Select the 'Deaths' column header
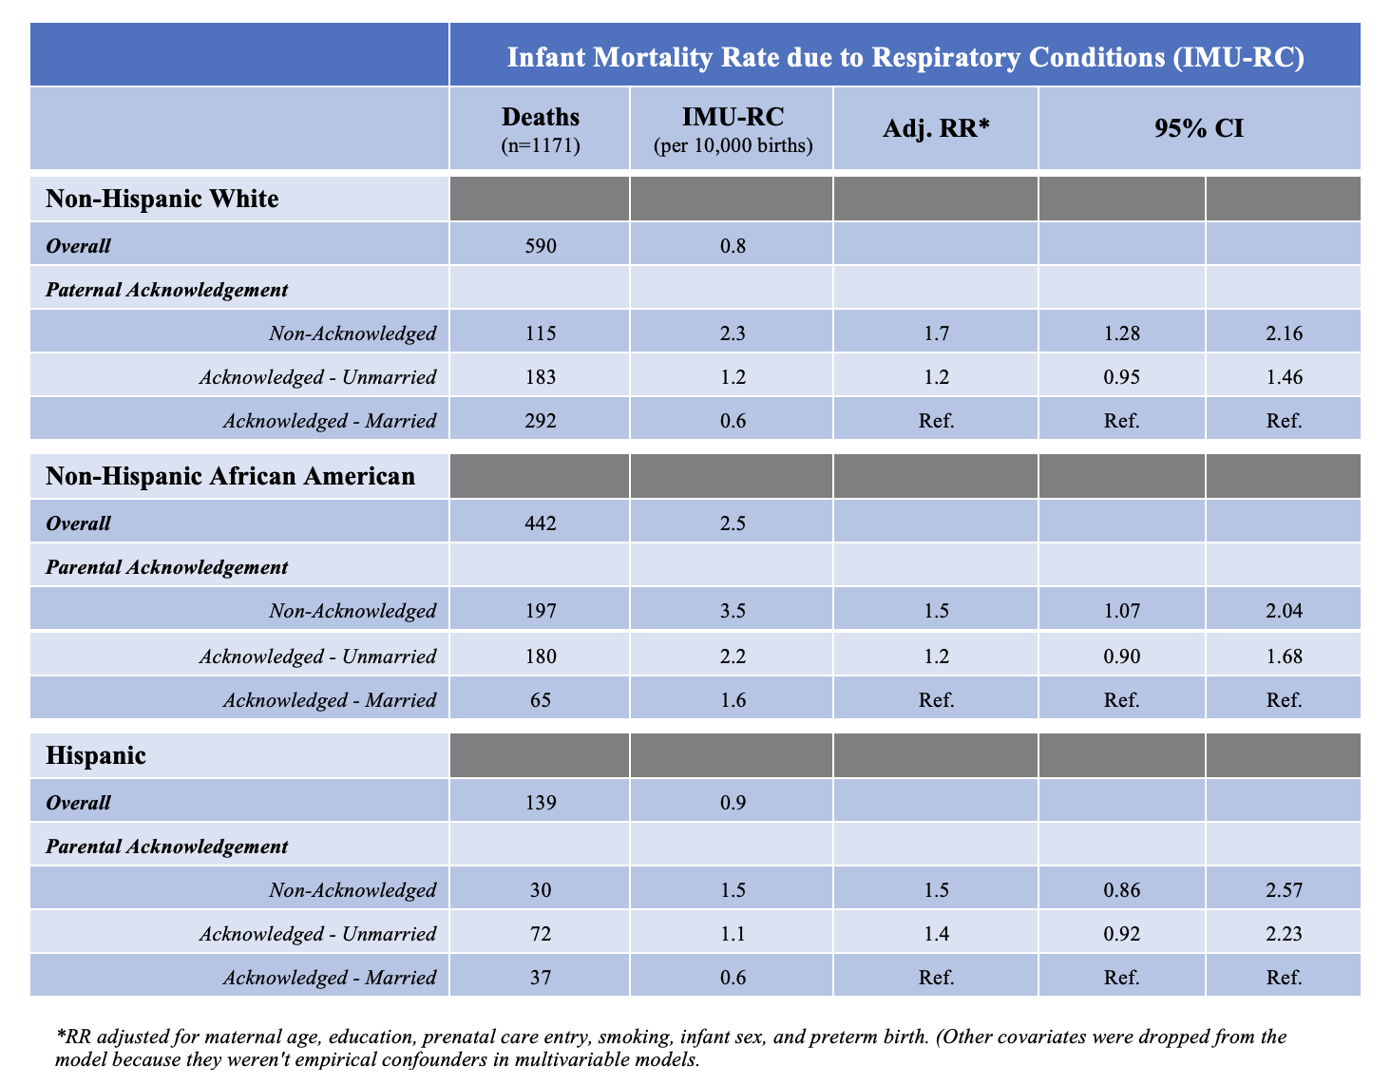pyautogui.click(x=541, y=117)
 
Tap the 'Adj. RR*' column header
pyautogui.click(x=936, y=128)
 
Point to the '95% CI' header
pyautogui.click(x=1199, y=128)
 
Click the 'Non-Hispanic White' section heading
pyautogui.click(x=162, y=199)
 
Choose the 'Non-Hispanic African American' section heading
pyautogui.click(x=231, y=476)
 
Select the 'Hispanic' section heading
pyautogui.click(x=96, y=755)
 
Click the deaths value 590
pyautogui.click(x=541, y=246)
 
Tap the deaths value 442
pyautogui.click(x=541, y=523)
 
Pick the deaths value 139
pyautogui.click(x=541, y=802)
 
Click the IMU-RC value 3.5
pyautogui.click(x=733, y=610)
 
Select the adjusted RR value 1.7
pyautogui.click(x=936, y=333)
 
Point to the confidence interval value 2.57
pyautogui.click(x=1284, y=890)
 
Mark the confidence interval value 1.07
pyautogui.click(x=1121, y=610)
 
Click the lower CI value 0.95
pyautogui.click(x=1121, y=376)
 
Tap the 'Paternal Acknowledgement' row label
pyautogui.click(x=166, y=290)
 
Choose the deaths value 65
pyautogui.click(x=541, y=699)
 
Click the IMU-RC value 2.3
pyautogui.click(x=733, y=333)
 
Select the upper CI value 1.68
pyautogui.click(x=1284, y=657)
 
